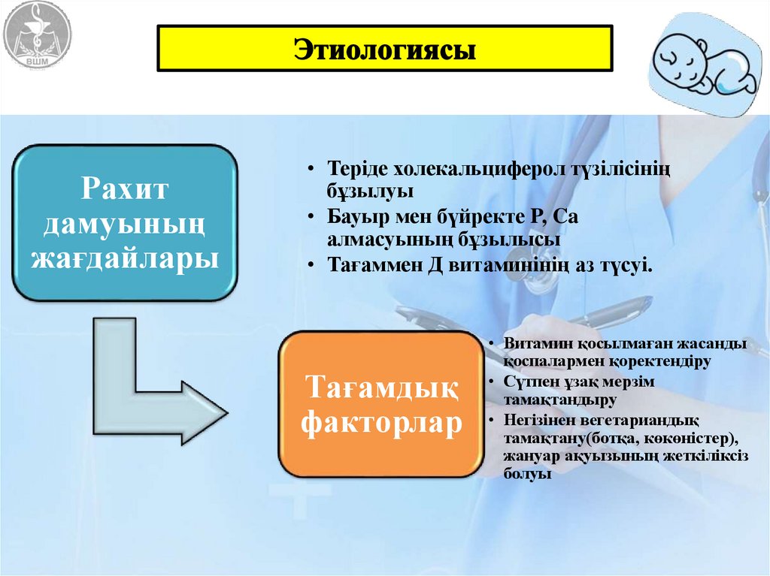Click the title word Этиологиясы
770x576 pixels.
(x=384, y=51)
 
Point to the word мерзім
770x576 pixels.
(x=625, y=382)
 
